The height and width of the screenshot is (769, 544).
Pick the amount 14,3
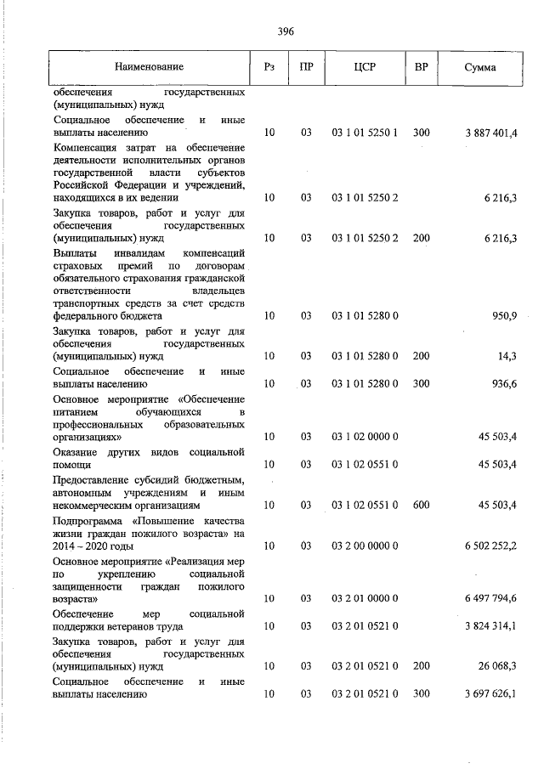point(507,356)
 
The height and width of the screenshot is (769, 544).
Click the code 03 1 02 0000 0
point(365,437)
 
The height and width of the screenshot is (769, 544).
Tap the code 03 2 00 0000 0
point(365,545)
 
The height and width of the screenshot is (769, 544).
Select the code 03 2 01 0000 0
point(365,599)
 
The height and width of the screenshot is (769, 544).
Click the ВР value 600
point(421,505)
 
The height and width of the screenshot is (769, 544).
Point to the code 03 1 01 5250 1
point(365,133)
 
